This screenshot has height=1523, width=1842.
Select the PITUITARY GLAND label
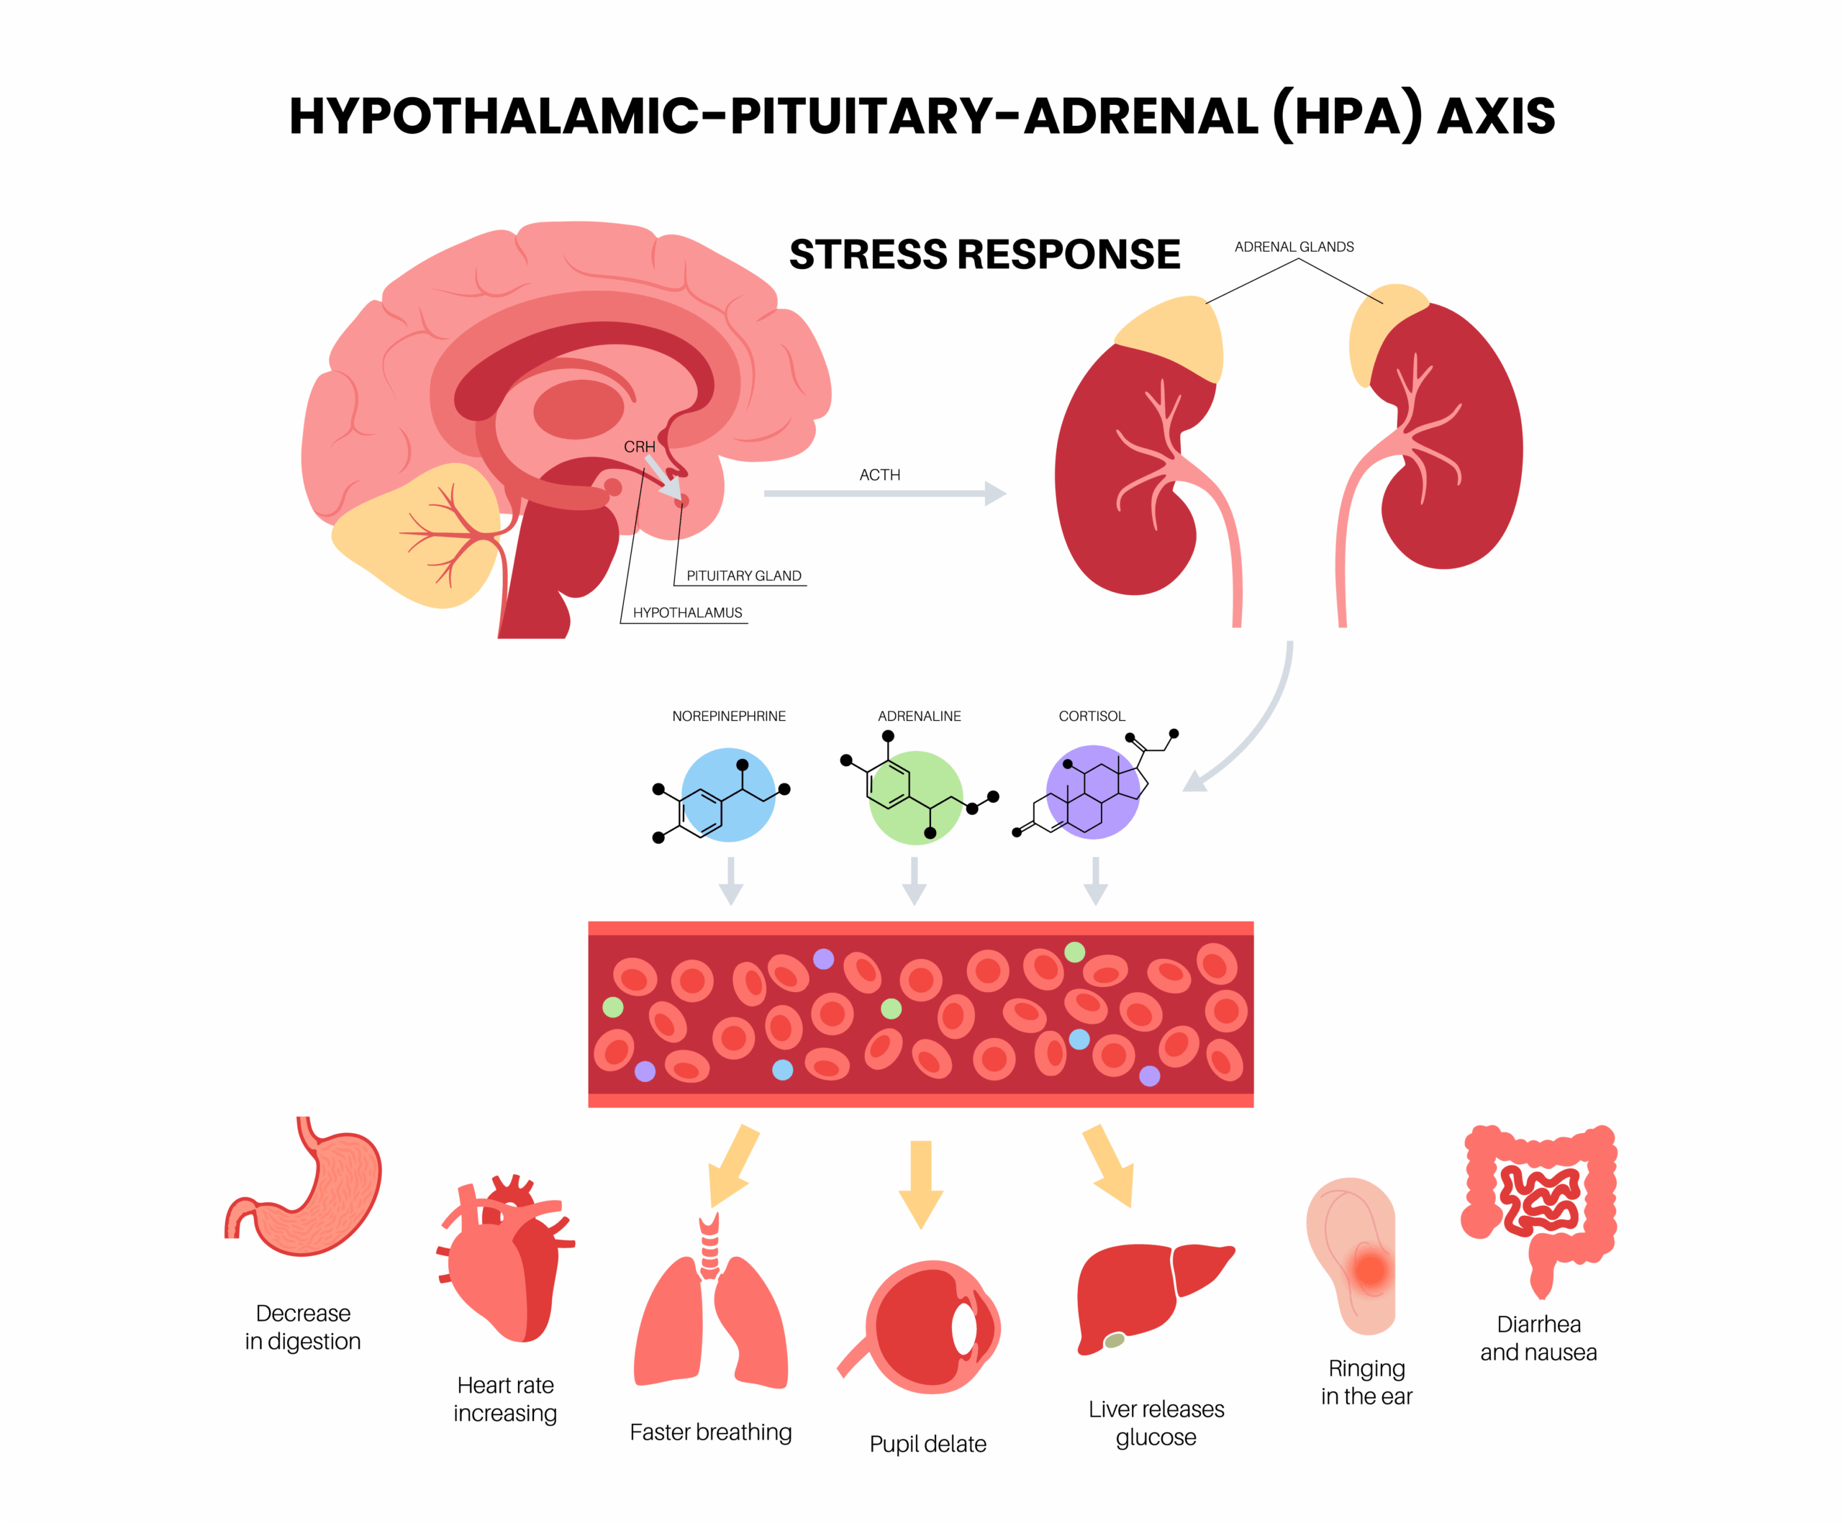744,576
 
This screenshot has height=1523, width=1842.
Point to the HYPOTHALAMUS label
687,612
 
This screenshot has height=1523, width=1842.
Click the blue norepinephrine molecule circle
729,794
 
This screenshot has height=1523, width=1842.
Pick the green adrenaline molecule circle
916,797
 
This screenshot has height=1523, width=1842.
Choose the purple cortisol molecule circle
1093,792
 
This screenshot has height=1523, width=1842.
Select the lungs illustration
710,1315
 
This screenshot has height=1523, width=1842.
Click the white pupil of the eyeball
964,1328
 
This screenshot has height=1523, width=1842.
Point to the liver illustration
1149,1289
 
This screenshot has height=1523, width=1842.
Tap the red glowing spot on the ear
1369,1269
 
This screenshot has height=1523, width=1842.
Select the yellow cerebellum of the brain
412,535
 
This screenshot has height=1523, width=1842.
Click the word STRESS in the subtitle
868,254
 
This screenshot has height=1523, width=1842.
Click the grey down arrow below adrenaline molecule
915,881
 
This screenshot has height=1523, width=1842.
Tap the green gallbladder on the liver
1114,1339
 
